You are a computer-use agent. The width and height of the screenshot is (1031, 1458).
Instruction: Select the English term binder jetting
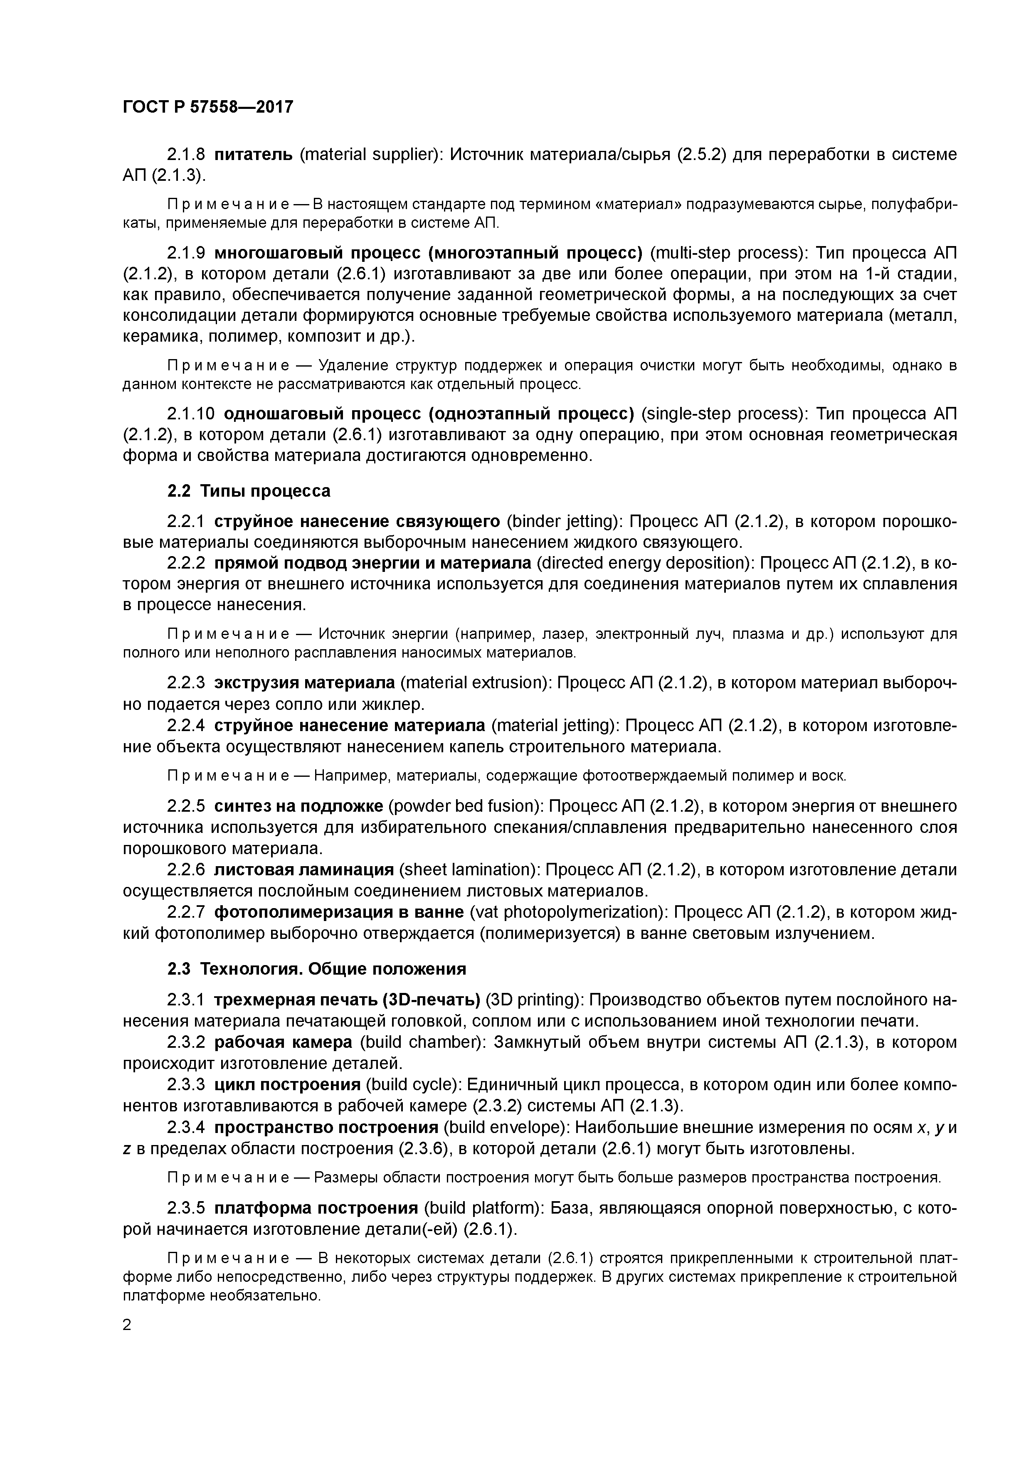pos(563,521)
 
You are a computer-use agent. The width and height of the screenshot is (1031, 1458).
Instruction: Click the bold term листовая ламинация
pos(304,869)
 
